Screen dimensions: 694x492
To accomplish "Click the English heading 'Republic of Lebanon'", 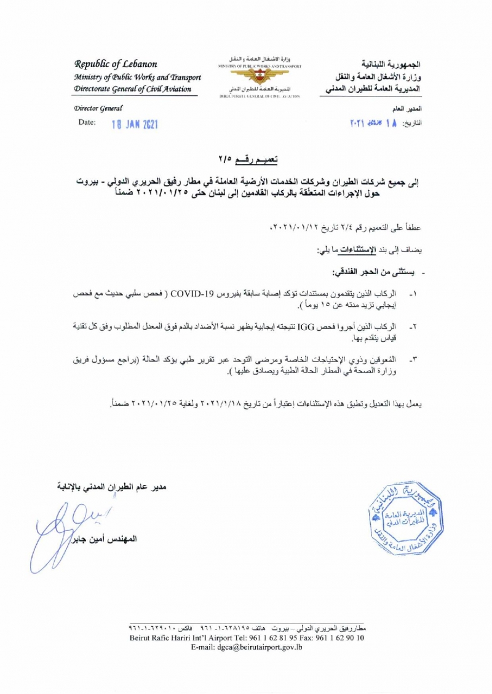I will click(116, 64).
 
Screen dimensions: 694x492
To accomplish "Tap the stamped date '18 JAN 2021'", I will click(135, 124).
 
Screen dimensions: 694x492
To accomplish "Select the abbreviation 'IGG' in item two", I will click(306, 326).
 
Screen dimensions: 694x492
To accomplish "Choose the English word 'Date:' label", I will click(87, 122).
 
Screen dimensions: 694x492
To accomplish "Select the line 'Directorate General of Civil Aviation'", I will click(132, 89).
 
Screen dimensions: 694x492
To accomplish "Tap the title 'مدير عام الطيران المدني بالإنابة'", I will click(109, 487).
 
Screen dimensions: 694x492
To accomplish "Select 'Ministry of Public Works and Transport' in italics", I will click(137, 77).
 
